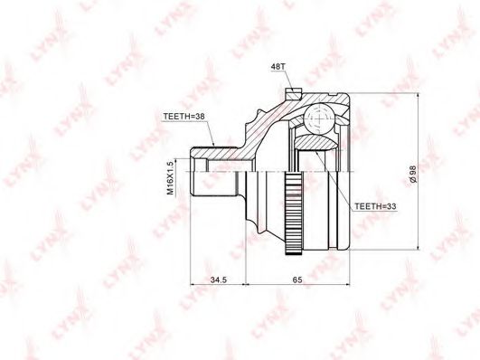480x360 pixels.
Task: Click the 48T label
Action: click(x=278, y=67)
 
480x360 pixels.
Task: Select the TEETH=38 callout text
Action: click(x=184, y=117)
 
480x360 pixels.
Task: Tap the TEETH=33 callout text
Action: click(x=375, y=206)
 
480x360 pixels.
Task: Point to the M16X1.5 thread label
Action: click(x=170, y=178)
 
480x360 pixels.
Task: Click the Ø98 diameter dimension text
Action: click(x=412, y=174)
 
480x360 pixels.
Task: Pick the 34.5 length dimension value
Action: click(x=218, y=279)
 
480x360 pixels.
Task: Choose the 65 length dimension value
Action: click(x=297, y=279)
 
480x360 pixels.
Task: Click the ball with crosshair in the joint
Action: click(x=318, y=118)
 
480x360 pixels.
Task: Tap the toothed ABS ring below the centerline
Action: click(x=293, y=213)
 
